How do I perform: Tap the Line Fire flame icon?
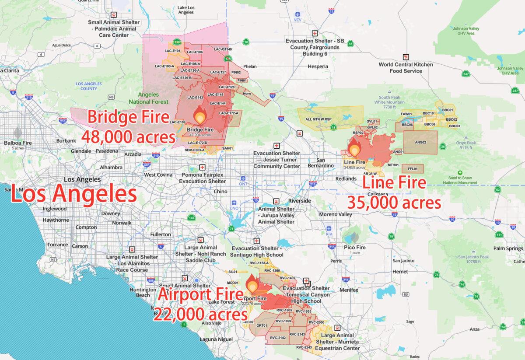353,147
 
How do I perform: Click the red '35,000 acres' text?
394,202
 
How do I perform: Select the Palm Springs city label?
508,248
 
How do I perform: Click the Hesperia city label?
318,66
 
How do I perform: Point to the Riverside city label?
299,201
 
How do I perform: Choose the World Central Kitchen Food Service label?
406,68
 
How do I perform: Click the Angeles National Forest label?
148,98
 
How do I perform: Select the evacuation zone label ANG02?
420,142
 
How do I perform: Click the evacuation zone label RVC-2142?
278,338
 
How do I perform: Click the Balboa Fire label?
17,143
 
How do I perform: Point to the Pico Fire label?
354,248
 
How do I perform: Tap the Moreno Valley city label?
336,214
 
